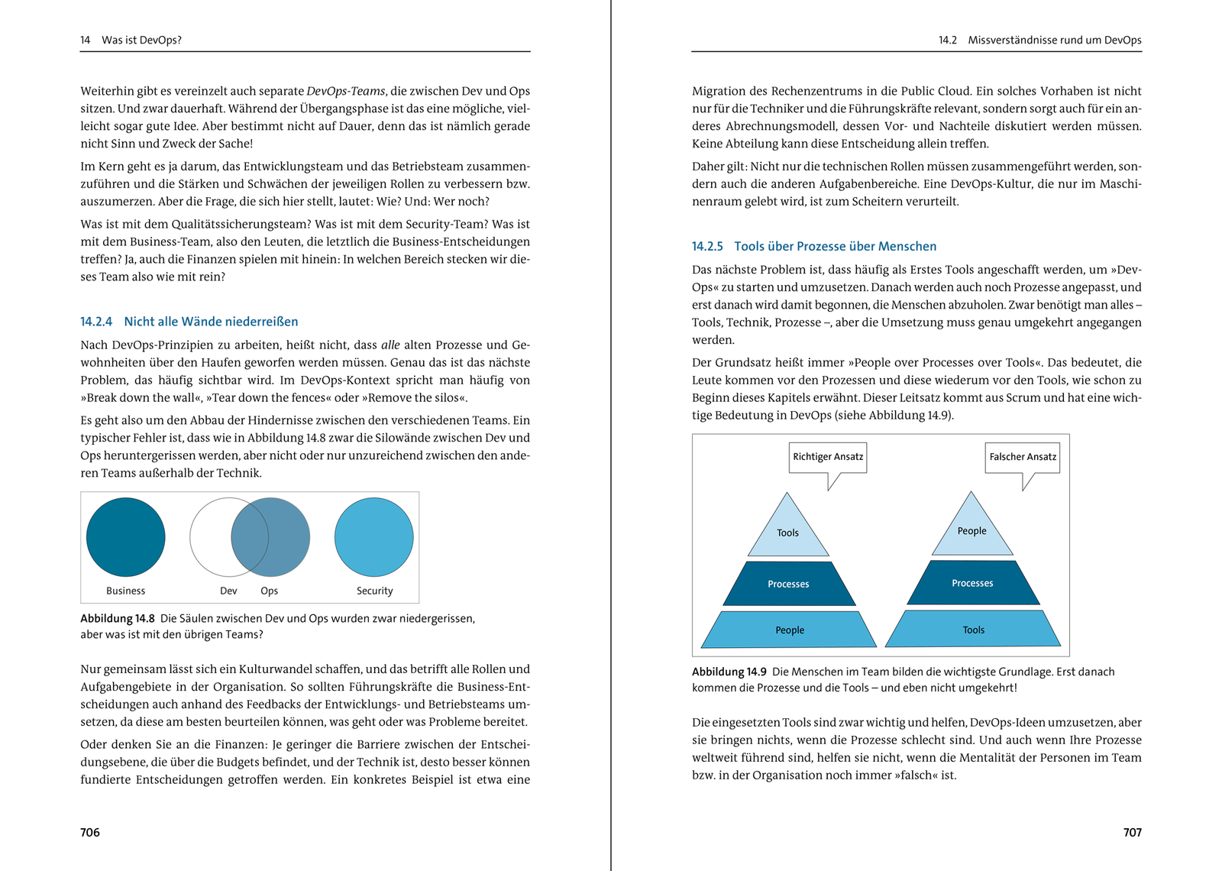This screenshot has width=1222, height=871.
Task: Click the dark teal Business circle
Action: point(125,537)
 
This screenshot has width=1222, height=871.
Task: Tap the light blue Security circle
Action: point(373,537)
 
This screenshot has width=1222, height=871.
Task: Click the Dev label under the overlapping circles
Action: point(228,591)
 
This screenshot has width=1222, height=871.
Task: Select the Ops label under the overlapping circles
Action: point(269,591)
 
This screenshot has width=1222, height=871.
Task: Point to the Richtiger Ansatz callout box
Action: point(828,457)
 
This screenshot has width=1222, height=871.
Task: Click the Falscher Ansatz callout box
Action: point(1023,457)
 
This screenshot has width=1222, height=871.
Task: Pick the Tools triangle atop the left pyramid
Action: point(787,530)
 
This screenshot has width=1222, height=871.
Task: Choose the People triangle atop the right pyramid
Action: point(971,529)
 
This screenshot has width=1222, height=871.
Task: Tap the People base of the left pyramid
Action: point(789,630)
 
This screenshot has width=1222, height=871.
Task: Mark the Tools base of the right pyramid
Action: point(973,629)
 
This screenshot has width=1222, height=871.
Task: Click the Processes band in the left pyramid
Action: point(788,584)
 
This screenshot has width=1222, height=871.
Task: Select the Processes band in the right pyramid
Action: point(972,583)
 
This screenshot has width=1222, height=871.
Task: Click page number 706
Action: point(90,832)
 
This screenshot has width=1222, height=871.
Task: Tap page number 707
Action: point(1132,832)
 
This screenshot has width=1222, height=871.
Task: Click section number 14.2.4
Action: point(96,322)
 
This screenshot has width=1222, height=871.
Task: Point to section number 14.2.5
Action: point(707,246)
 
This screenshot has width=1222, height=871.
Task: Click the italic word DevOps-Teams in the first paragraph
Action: point(346,91)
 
